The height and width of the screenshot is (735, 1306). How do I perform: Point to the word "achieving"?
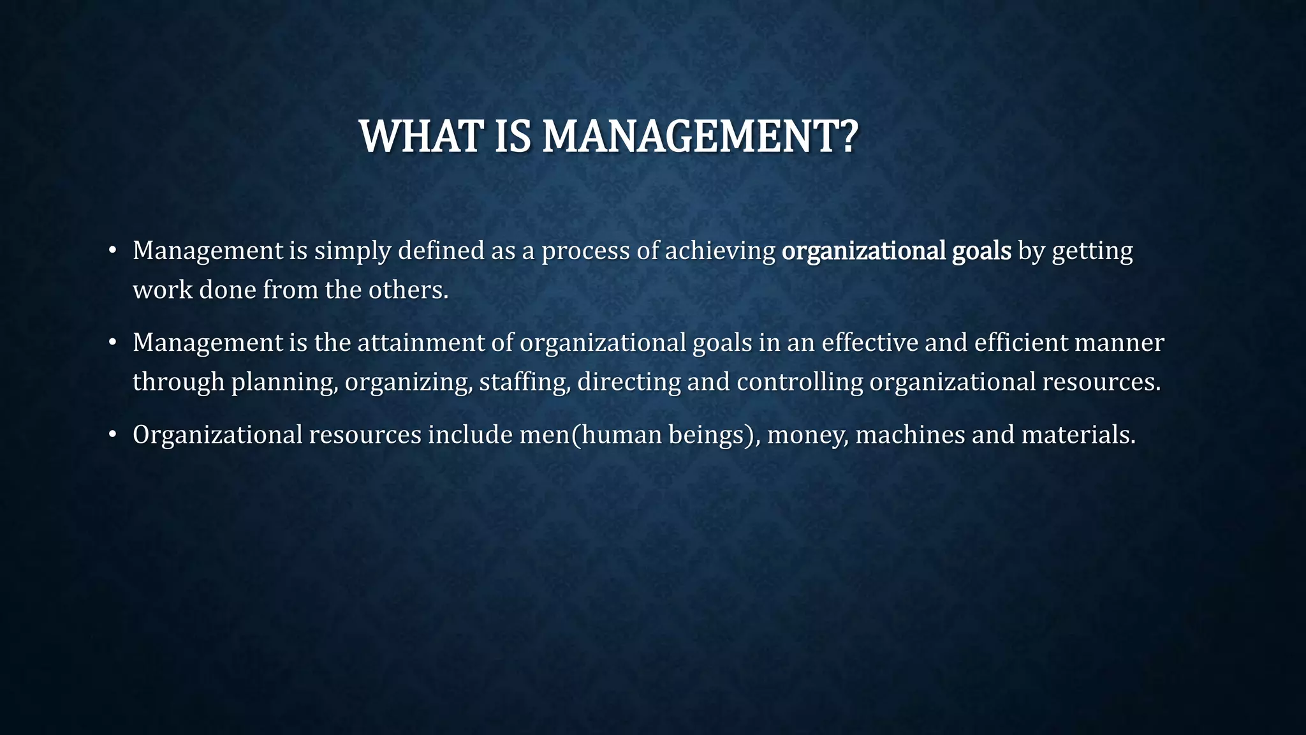click(720, 251)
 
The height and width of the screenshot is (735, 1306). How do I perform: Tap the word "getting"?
click(1092, 251)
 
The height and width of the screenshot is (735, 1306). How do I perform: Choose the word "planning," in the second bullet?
click(284, 383)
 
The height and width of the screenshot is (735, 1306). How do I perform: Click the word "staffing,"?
click(524, 383)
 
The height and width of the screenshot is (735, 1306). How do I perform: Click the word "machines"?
click(910, 435)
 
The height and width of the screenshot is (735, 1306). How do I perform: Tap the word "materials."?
click(1078, 435)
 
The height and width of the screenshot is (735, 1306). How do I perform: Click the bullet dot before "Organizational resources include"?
click(113, 436)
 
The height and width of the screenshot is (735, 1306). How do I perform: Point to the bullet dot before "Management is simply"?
click(113, 251)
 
